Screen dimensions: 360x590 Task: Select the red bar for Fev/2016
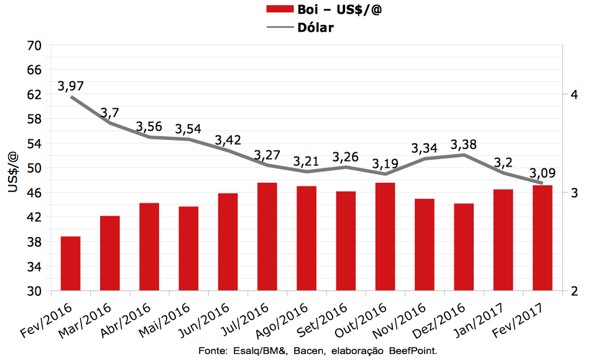(x=70, y=263)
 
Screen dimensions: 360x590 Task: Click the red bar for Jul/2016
(x=267, y=236)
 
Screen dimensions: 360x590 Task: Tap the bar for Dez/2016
(x=464, y=247)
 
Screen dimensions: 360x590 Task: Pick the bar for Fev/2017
(x=543, y=238)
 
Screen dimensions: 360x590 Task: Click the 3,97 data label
(x=71, y=86)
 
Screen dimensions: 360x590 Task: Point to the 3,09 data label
(x=542, y=173)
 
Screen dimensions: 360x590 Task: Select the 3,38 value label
(x=464, y=145)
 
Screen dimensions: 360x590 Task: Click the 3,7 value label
(x=109, y=113)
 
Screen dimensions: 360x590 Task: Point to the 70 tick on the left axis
(x=34, y=45)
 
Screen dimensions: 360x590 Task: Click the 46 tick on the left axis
(x=34, y=193)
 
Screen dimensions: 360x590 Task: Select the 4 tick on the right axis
(x=575, y=95)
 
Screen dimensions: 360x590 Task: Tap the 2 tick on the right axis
(x=575, y=291)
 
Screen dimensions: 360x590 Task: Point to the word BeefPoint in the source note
(x=414, y=351)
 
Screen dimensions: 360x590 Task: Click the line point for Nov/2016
(x=425, y=159)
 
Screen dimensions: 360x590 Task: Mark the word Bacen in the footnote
(x=307, y=351)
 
